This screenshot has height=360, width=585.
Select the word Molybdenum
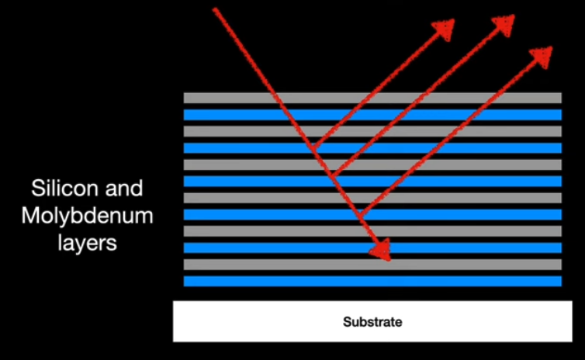[87, 215]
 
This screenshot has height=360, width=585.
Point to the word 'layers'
[87, 241]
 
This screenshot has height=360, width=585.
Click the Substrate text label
[372, 321]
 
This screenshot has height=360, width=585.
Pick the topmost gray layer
[466, 98]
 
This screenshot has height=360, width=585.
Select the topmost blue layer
[466, 115]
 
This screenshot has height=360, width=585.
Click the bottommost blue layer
[466, 281]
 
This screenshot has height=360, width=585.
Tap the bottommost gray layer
[466, 265]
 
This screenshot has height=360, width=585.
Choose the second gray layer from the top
[466, 131]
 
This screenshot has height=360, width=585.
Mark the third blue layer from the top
[466, 182]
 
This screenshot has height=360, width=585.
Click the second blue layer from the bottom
[466, 247]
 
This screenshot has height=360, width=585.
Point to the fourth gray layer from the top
[466, 198]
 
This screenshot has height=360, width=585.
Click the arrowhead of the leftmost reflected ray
[445, 29]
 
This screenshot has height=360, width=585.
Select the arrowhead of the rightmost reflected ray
[542, 55]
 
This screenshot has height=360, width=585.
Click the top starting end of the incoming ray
[215, 9]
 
